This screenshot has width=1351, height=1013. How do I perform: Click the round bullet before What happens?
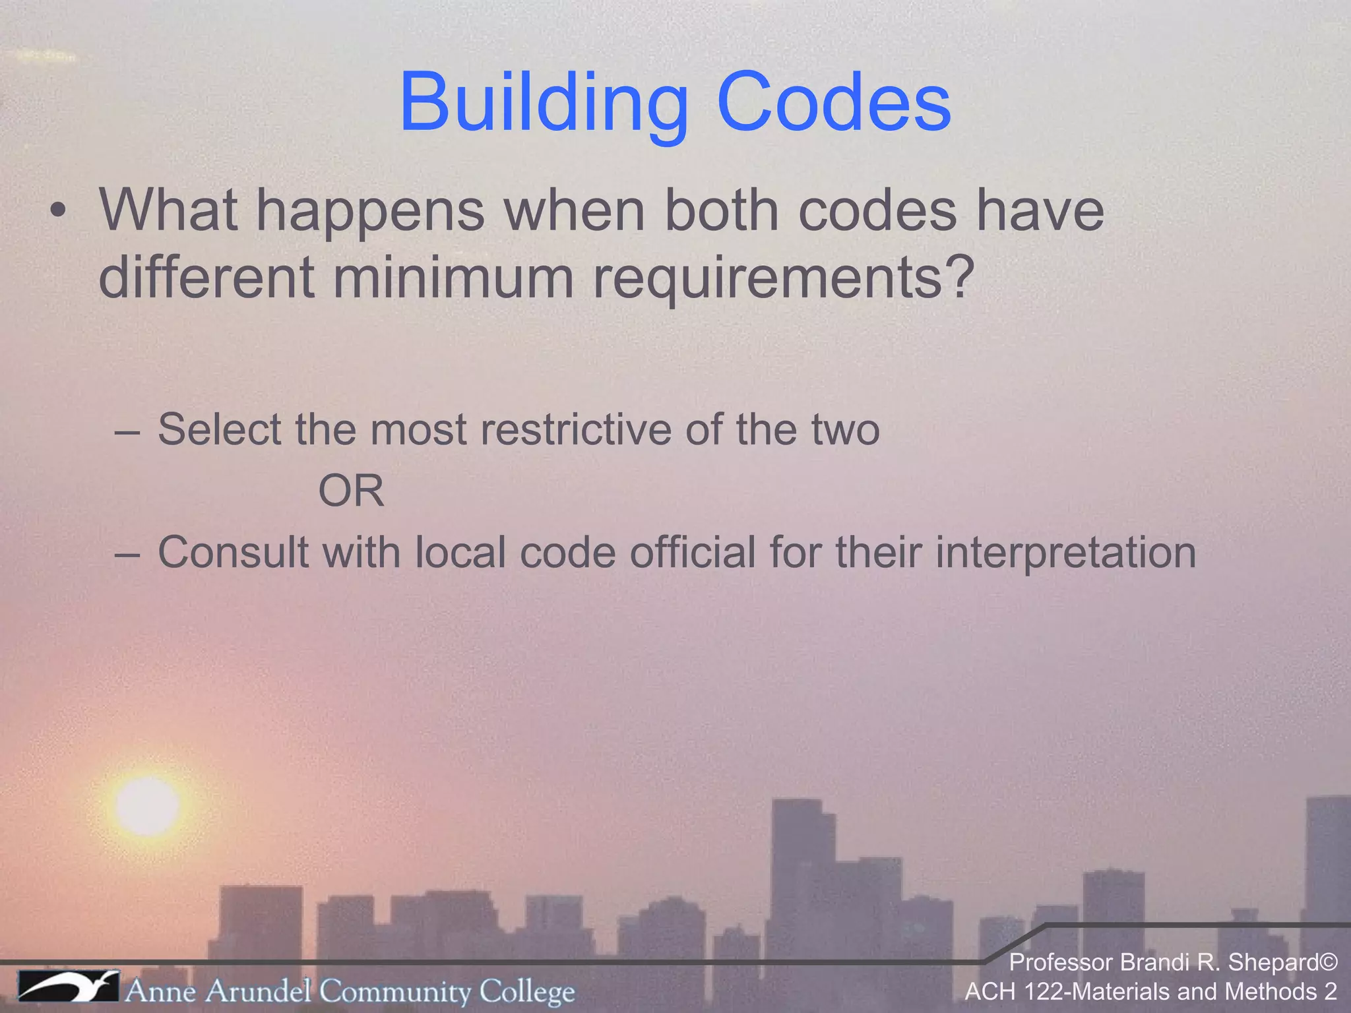[59, 212]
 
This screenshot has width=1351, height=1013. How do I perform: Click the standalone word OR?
[351, 491]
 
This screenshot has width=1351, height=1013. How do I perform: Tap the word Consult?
[232, 553]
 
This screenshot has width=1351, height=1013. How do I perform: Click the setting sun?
[147, 805]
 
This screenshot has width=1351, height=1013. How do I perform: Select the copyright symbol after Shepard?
[1328, 963]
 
